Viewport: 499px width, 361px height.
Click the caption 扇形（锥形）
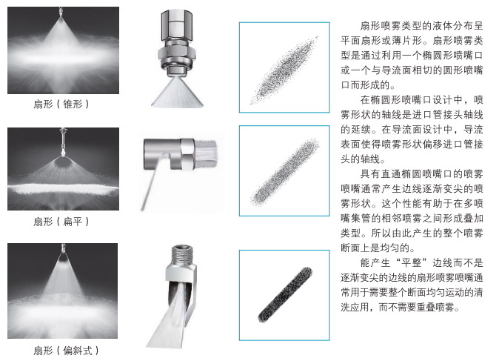coord(61,105)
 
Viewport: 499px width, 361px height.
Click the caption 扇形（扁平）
coord(61,221)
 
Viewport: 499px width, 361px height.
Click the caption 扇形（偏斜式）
coord(66,350)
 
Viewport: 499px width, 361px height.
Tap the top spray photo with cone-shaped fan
coord(63,50)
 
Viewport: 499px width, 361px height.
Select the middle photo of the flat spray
coord(63,169)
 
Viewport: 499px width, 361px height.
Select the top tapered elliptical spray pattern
coord(284,70)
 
